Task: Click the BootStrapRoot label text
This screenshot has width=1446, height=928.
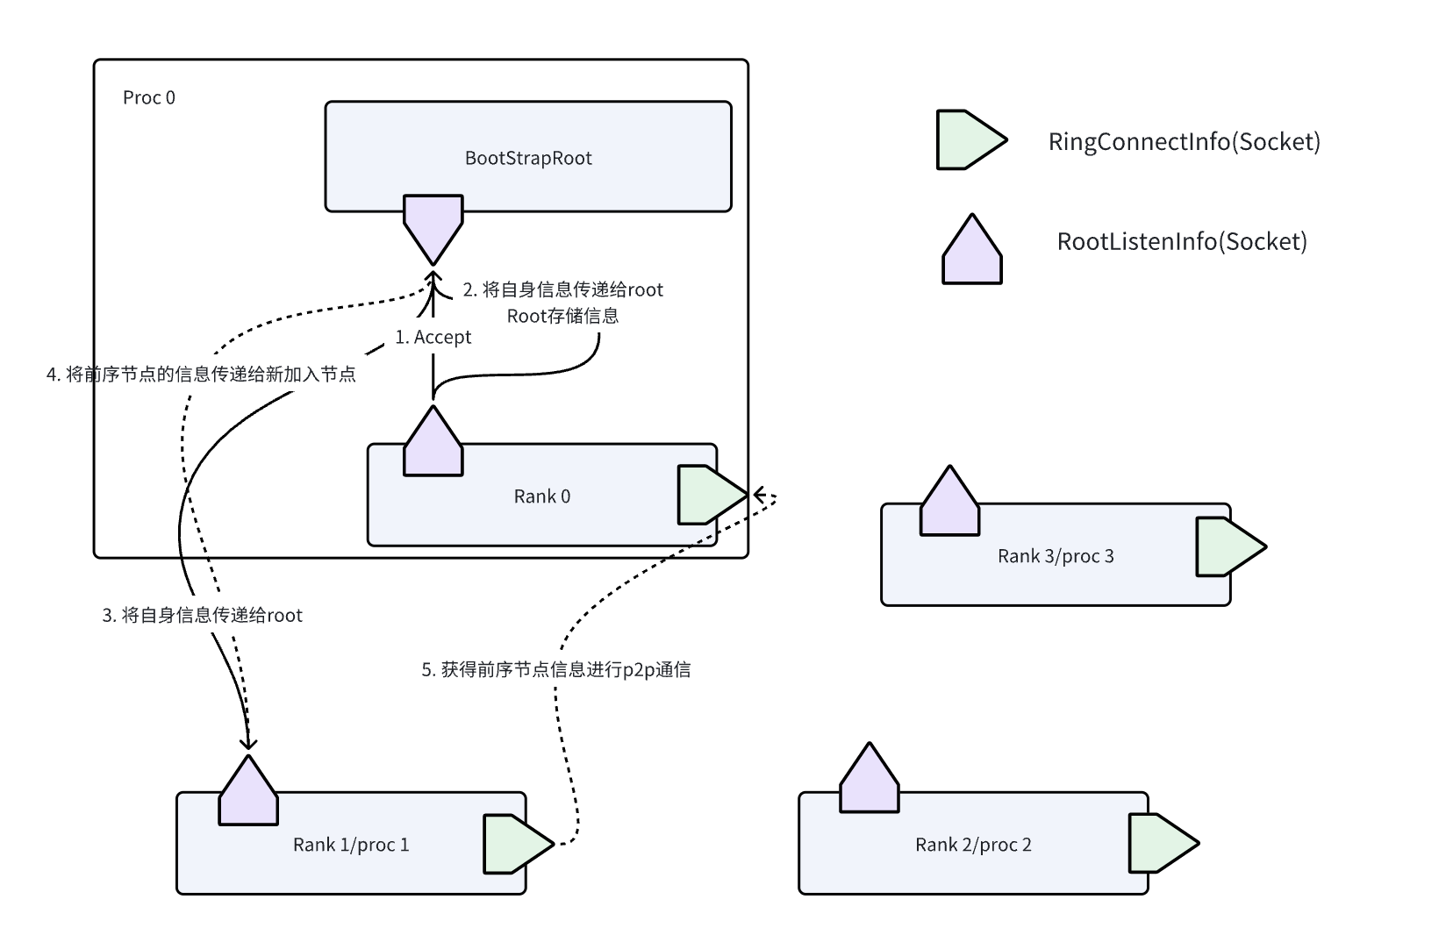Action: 528,158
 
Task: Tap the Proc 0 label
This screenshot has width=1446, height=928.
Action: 148,97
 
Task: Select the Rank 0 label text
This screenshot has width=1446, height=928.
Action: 541,496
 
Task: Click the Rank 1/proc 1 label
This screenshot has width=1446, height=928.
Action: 351,845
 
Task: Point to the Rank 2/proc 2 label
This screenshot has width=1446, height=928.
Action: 973,845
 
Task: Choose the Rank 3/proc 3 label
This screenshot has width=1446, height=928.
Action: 1056,556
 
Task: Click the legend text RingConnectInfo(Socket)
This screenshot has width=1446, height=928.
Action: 1184,141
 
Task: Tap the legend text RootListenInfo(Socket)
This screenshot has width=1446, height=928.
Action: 1182,241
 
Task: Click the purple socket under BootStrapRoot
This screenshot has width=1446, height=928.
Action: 433,225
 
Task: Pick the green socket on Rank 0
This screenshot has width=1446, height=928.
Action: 708,495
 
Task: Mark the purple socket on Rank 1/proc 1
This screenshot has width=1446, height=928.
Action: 248,793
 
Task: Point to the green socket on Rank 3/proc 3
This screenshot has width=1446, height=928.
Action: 1228,546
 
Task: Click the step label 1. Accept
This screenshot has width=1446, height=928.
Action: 433,338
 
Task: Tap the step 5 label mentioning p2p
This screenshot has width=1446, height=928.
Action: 556,670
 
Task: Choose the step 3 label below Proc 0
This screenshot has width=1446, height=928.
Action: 202,616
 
